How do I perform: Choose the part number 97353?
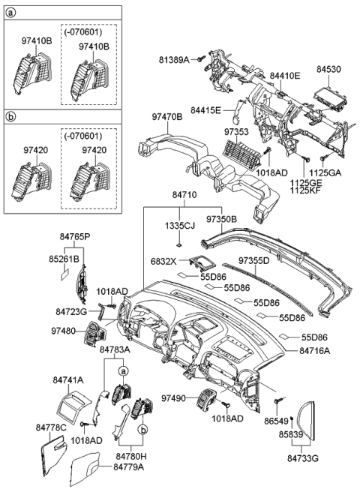[x=236, y=132]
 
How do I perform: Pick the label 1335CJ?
[x=180, y=224]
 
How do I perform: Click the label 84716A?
[x=314, y=349]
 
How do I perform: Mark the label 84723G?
[x=72, y=310]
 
